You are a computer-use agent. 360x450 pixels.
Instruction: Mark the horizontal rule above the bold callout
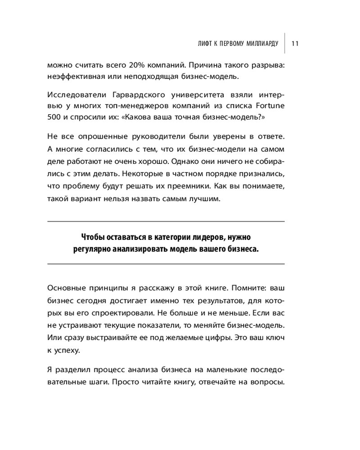[166, 221]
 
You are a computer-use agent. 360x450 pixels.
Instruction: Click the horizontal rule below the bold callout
[166, 264]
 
